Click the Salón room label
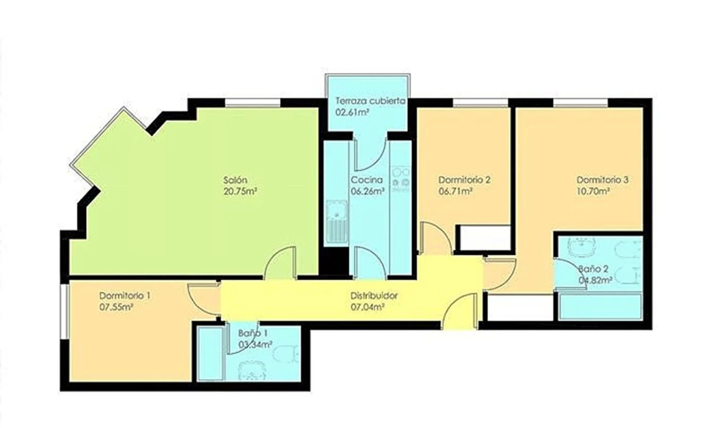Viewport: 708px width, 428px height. (x=235, y=180)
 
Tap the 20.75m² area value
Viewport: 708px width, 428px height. (x=240, y=192)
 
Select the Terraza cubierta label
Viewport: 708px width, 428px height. (x=370, y=101)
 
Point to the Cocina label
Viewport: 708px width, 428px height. (x=367, y=180)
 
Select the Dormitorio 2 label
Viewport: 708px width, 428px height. (x=464, y=180)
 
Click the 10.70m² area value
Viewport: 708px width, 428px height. (x=593, y=191)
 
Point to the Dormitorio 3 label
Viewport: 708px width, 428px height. (x=602, y=180)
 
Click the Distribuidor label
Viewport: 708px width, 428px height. (x=374, y=296)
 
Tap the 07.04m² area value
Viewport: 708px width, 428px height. (x=368, y=307)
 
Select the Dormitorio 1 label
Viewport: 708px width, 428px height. (x=125, y=296)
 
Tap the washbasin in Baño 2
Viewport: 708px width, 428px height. (x=582, y=247)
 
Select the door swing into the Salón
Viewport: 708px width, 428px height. (x=280, y=263)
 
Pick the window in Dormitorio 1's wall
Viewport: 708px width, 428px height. (x=65, y=312)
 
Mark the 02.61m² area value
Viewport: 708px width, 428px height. (x=352, y=112)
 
